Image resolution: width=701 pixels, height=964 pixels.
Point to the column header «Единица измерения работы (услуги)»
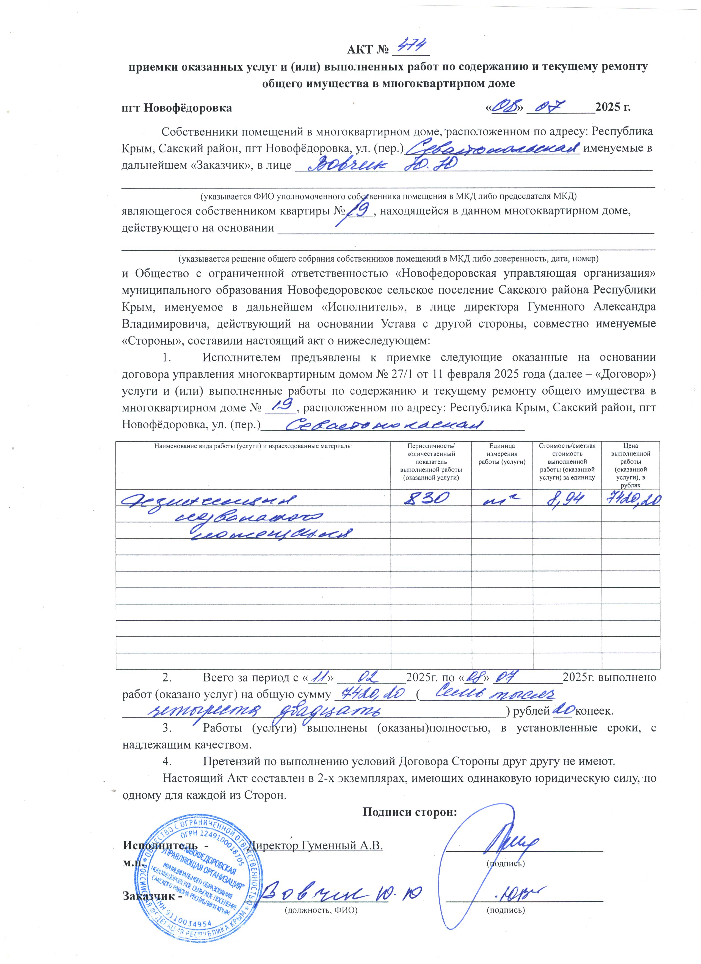click(x=502, y=454)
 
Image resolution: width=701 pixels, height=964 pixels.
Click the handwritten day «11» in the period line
click(x=317, y=676)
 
